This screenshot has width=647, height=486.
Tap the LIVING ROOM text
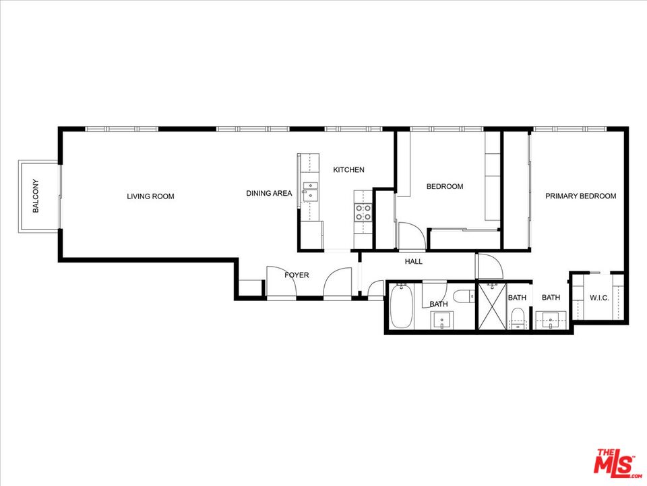pyautogui.click(x=150, y=196)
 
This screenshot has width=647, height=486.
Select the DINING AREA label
pyautogui.click(x=269, y=194)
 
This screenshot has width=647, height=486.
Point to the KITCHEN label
pyautogui.click(x=348, y=170)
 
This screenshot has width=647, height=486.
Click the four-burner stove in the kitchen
pyautogui.click(x=363, y=213)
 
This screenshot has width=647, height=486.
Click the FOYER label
pyautogui.click(x=297, y=275)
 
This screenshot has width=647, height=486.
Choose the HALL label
pyautogui.click(x=413, y=261)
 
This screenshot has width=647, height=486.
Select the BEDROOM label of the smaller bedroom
pyautogui.click(x=445, y=186)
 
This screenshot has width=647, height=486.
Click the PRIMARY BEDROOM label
pyautogui.click(x=580, y=196)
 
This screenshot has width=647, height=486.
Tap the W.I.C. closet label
pyautogui.click(x=599, y=297)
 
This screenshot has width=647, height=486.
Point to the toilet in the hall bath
pyautogui.click(x=463, y=296)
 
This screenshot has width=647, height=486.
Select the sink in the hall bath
pyautogui.click(x=443, y=321)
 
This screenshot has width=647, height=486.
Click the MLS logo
pyautogui.click(x=615, y=464)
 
